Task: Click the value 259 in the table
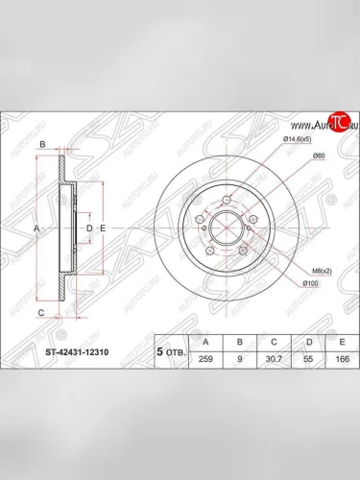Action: tap(202, 358)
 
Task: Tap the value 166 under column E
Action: tap(340, 358)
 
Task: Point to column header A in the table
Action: tap(202, 342)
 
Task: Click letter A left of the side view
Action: tap(35, 228)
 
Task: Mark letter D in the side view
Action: tap(88, 228)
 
